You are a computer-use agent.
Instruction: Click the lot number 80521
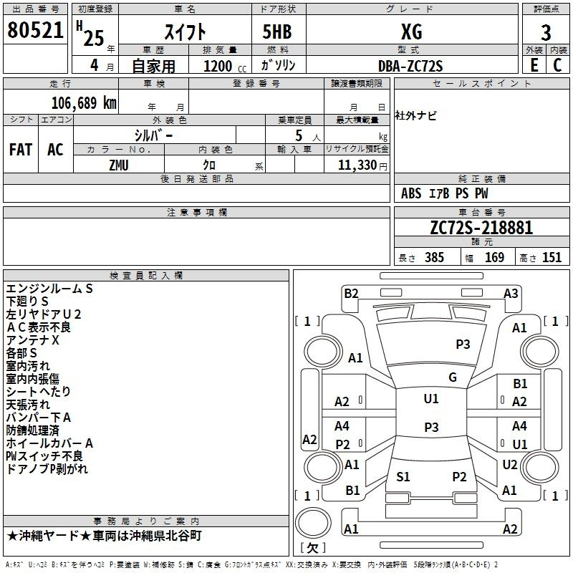click(x=35, y=30)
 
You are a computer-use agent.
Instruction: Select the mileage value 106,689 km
click(x=84, y=103)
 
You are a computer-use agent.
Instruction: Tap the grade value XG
click(x=411, y=32)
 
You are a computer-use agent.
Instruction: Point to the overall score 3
click(x=546, y=33)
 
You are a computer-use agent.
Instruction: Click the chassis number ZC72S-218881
click(x=481, y=228)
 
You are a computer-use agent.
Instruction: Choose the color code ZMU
click(x=119, y=165)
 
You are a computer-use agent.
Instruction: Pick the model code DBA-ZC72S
click(x=410, y=66)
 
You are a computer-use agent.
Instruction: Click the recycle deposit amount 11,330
click(x=357, y=165)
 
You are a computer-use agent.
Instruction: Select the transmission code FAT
click(x=21, y=150)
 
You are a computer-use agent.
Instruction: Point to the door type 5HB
click(x=277, y=32)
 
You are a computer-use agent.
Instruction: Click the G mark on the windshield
click(x=453, y=377)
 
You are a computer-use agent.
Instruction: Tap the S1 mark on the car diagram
click(x=403, y=476)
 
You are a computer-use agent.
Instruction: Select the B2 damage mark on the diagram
click(x=351, y=293)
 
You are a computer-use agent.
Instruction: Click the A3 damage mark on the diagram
click(x=511, y=293)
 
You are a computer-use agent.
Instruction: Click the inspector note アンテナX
click(x=32, y=340)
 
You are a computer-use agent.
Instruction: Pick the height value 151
click(x=552, y=257)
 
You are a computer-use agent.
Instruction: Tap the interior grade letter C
click(x=557, y=65)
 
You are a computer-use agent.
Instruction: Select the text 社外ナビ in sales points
click(x=415, y=115)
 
